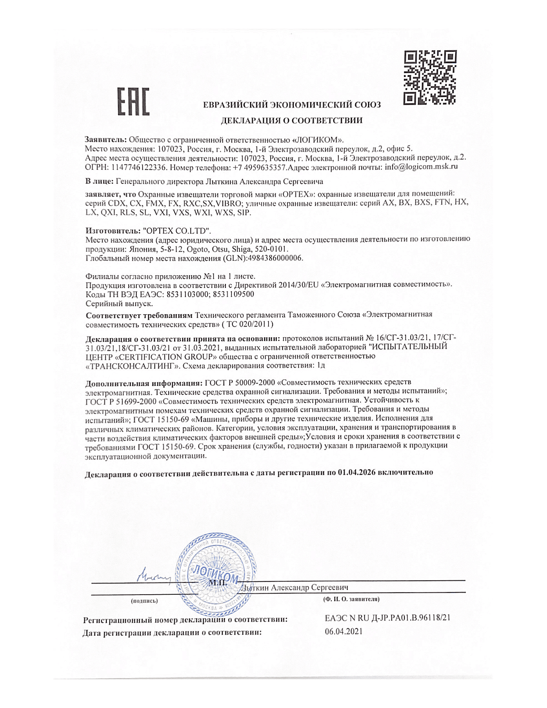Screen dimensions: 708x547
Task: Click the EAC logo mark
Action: pos(133,102)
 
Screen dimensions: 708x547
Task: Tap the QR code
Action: pos(430,77)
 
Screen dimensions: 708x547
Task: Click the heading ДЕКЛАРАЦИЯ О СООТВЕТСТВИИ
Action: pos(292,121)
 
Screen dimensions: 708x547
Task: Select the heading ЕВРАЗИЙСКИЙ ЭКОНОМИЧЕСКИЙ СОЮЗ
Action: pos(292,105)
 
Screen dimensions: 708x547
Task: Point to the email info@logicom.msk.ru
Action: pos(421,167)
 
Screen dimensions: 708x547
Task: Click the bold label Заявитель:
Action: pos(105,140)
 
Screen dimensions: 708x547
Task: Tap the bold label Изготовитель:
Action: pos(113,231)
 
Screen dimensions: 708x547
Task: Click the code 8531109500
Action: pos(233,294)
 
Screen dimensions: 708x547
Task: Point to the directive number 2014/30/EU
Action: pos(299,284)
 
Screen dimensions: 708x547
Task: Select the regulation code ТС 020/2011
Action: pos(249,324)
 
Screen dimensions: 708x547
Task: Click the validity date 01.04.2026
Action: pos(356,472)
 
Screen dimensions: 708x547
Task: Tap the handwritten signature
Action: pos(154,576)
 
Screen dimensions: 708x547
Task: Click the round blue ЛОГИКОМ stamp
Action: pos(216,574)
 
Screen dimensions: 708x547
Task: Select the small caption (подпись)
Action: pos(144,601)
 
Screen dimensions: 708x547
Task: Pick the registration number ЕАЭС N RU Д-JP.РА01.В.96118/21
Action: pos(387,618)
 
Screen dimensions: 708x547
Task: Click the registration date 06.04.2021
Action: pos(343,632)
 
